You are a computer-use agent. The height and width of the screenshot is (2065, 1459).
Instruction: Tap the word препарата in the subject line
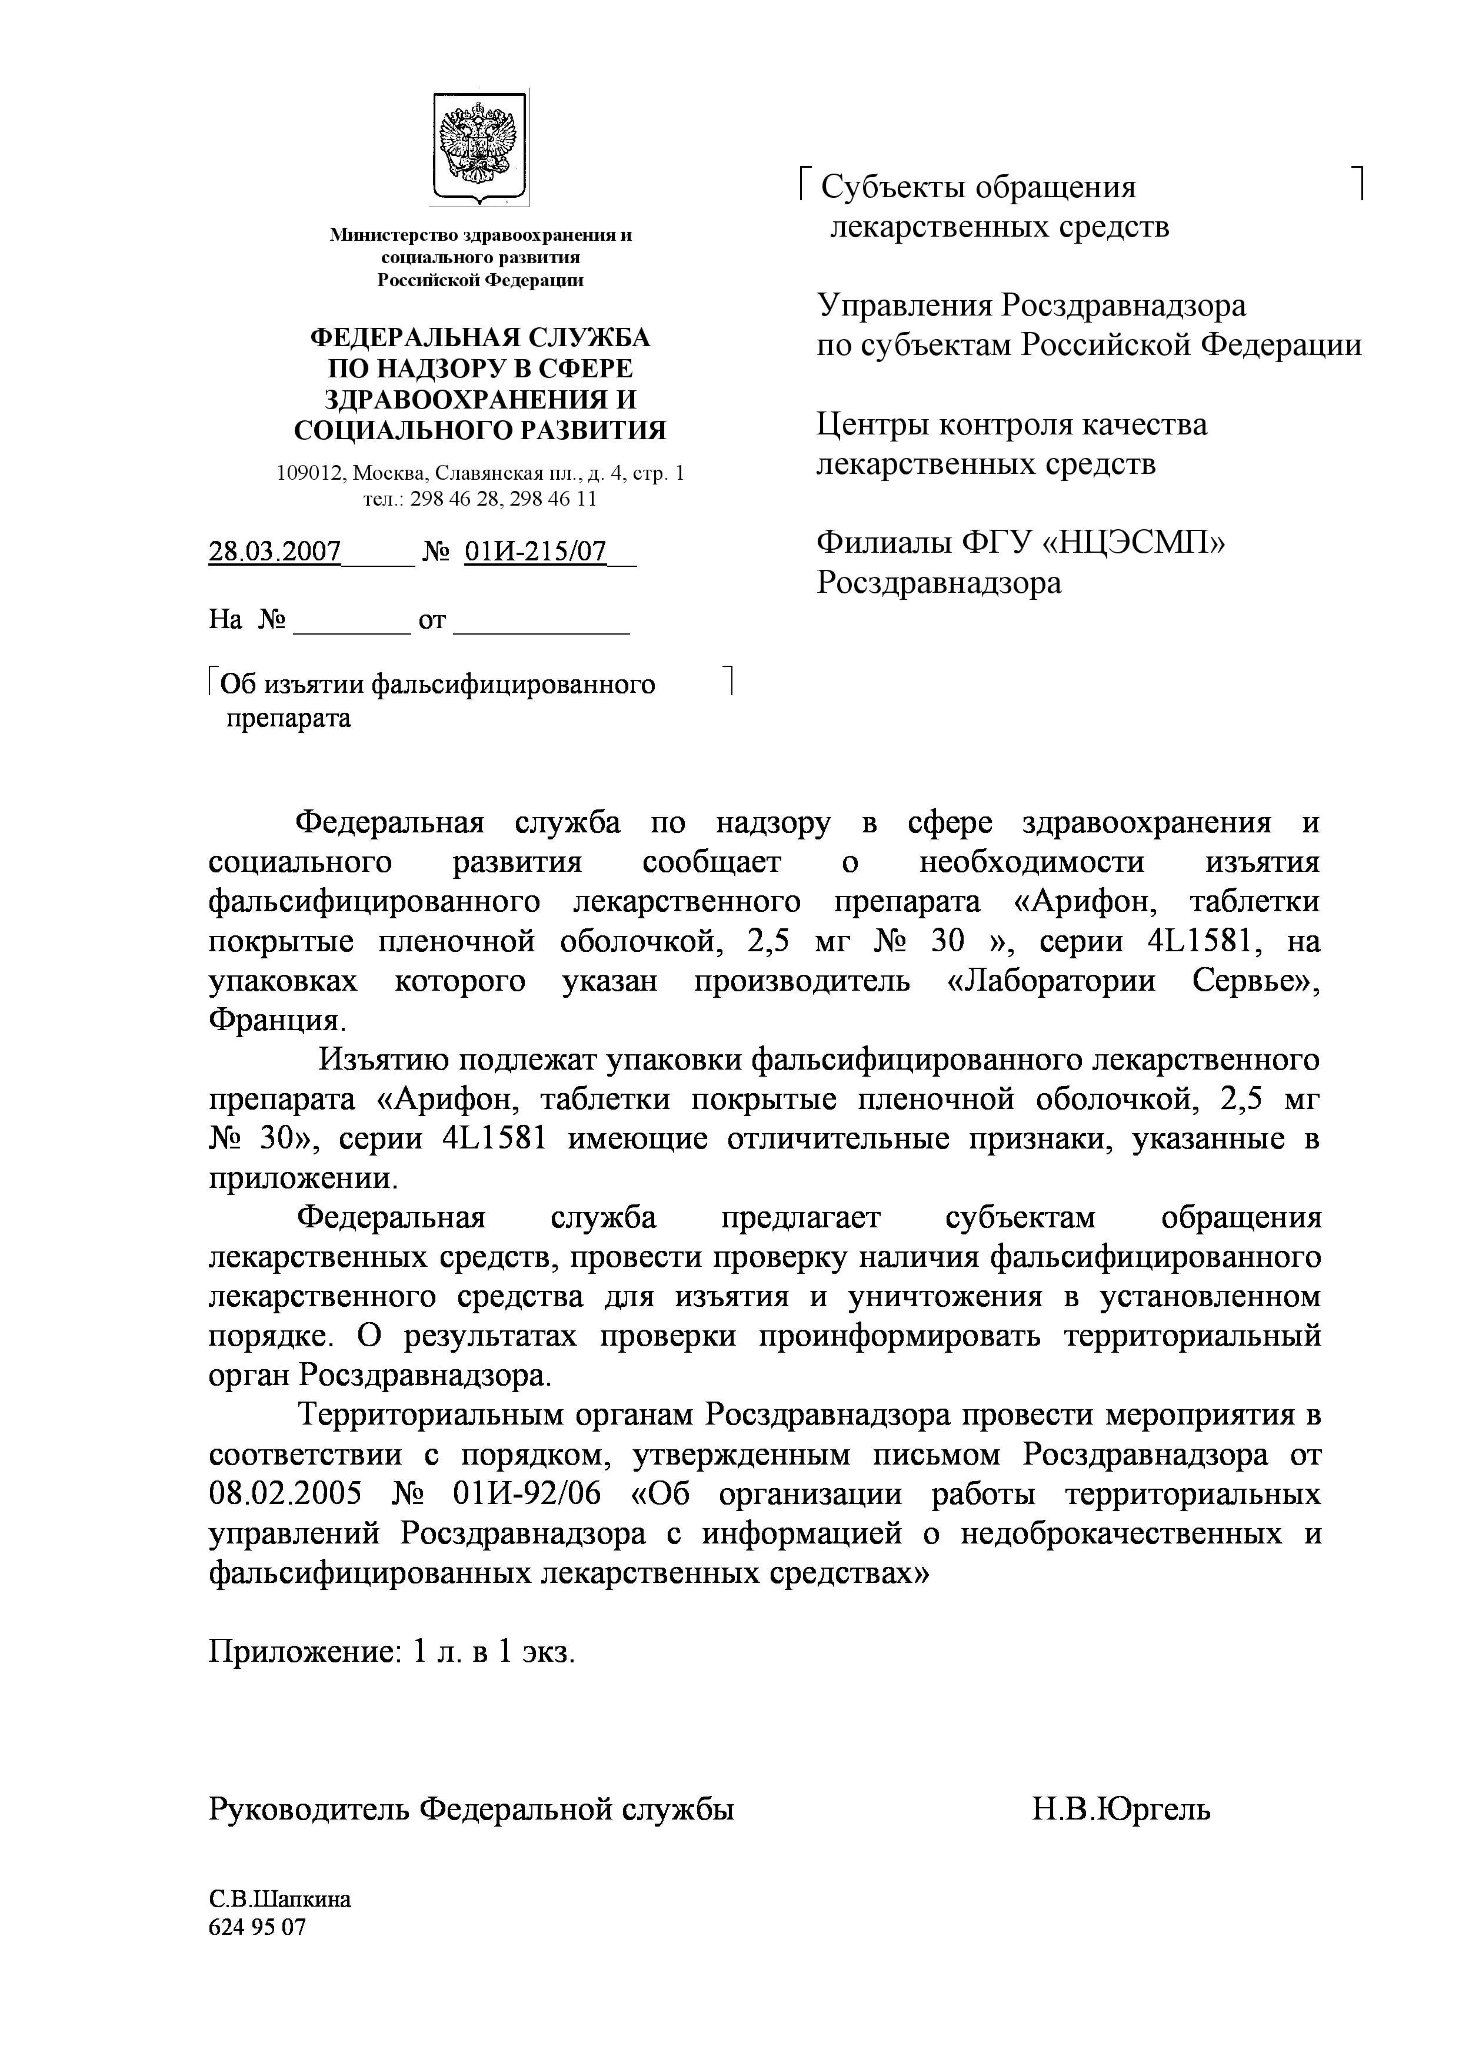pyautogui.click(x=288, y=719)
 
